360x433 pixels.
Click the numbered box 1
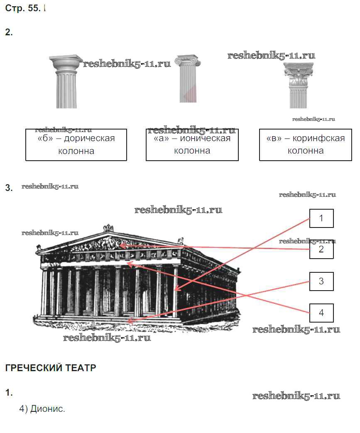coord(321,218)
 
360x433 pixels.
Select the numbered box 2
coord(321,250)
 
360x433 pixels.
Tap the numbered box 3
coord(321,281)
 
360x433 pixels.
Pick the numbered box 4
coord(321,313)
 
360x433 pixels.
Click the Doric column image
coord(66,81)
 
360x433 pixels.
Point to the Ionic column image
coord(188,78)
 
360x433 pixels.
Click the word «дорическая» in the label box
coord(89,138)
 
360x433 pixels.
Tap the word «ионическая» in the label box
coord(205,138)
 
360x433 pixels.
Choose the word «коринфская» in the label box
coord(318,138)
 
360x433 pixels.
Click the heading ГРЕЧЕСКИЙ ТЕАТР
coord(51,368)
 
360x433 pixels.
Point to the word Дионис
coord(47,409)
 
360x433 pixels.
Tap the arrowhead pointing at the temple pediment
coord(123,245)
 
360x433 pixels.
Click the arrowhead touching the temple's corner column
coord(177,289)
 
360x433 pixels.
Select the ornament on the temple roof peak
coord(108,228)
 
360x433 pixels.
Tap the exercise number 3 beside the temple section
coord(9,188)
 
